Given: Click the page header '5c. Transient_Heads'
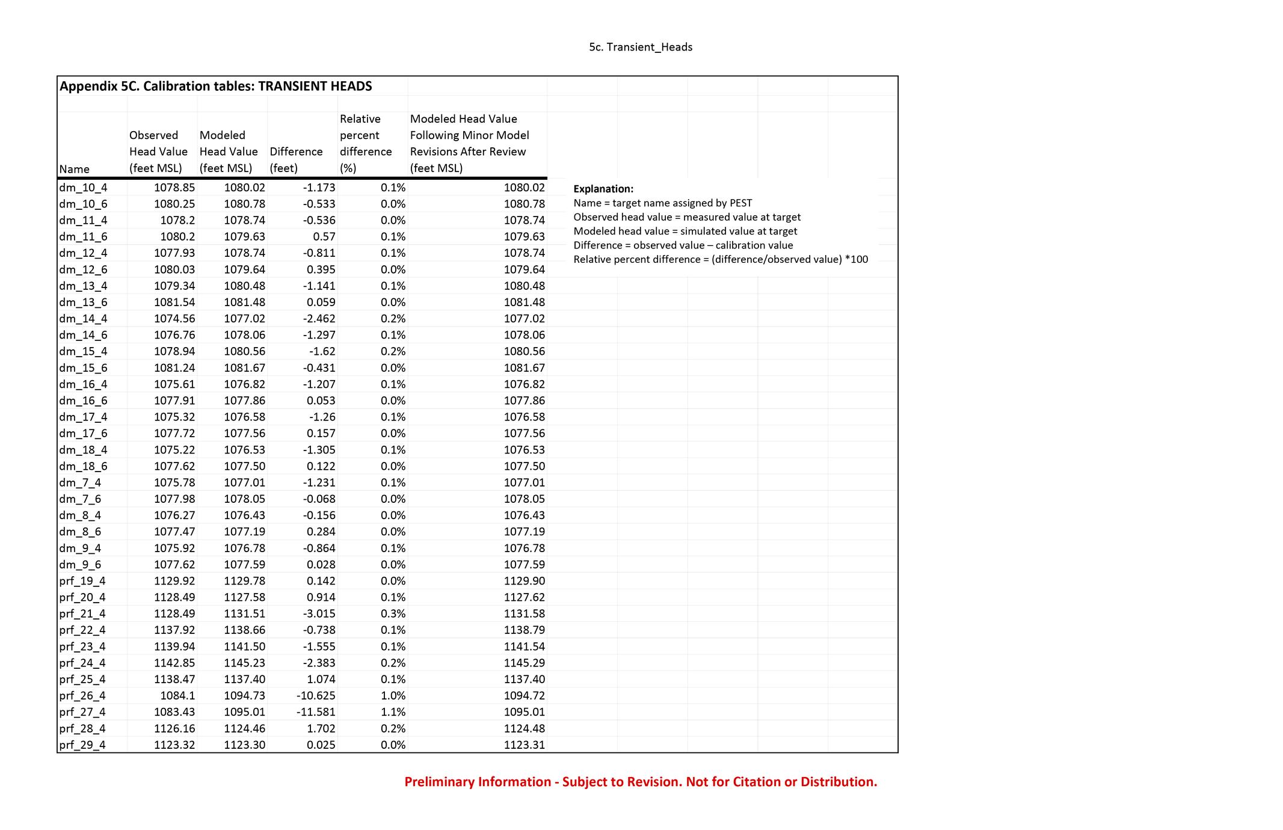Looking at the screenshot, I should pyautogui.click(x=641, y=47).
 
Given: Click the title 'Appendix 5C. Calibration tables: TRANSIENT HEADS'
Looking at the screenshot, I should pyautogui.click(x=215, y=86).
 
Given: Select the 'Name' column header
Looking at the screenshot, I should pyautogui.click(x=75, y=169).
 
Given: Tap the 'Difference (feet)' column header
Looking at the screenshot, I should pyautogui.click(x=296, y=159).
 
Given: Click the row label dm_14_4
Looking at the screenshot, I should pyautogui.click(x=84, y=319).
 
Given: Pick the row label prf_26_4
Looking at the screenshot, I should pyautogui.click(x=82, y=696).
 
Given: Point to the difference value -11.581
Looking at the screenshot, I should pyautogui.click(x=316, y=712).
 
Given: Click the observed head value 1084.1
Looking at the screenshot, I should pyautogui.click(x=177, y=696).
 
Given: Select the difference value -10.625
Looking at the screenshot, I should pyautogui.click(x=316, y=696).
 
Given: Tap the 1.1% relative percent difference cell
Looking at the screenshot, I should pyautogui.click(x=393, y=712).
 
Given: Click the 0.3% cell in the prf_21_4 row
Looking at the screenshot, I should pyautogui.click(x=393, y=613).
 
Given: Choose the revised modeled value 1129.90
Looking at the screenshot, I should pyautogui.click(x=524, y=581).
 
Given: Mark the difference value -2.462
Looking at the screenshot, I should pyautogui.click(x=318, y=319).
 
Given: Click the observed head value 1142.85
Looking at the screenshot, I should pyautogui.click(x=174, y=663).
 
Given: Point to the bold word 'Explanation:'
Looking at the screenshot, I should pyautogui.click(x=603, y=189).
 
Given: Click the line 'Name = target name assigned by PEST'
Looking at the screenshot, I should pyautogui.click(x=662, y=203).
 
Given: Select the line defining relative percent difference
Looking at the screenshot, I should pyautogui.click(x=721, y=259).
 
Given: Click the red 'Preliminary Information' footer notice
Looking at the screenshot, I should pyautogui.click(x=641, y=782).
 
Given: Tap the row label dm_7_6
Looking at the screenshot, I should pyautogui.click(x=80, y=499).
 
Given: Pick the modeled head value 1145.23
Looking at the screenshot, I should pyautogui.click(x=244, y=663).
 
